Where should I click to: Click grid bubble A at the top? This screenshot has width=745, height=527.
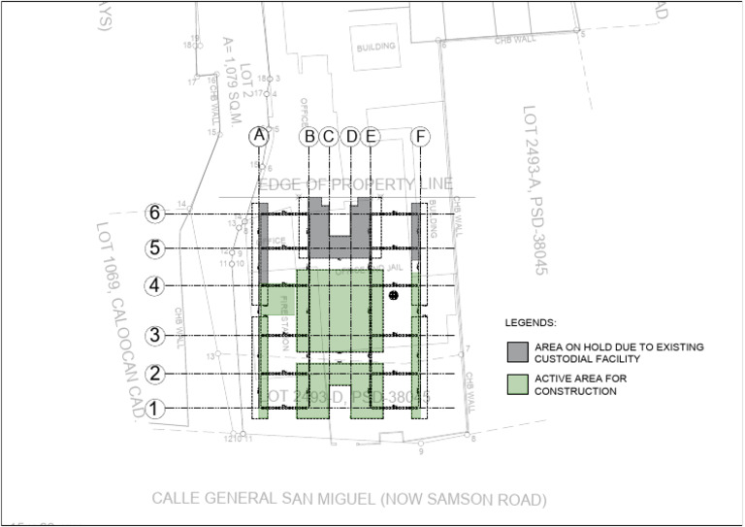pos(258,137)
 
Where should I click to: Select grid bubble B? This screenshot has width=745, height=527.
pos(309,137)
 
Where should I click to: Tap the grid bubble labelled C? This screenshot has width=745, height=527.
pos(328,137)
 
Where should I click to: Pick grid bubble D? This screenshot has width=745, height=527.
pos(351,137)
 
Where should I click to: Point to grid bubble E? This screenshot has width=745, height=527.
pos(370,137)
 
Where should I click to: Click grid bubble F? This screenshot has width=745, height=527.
pos(421,137)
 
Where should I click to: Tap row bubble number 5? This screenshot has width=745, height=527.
pos(153,248)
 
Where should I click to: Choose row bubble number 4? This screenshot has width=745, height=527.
pos(153,286)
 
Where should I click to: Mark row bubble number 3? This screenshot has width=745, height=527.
pos(153,336)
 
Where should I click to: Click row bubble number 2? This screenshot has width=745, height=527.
pos(153,374)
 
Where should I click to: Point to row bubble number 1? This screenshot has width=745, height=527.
pos(153,409)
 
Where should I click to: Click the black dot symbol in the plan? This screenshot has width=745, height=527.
pos(394,294)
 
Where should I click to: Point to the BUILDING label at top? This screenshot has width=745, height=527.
pos(375,47)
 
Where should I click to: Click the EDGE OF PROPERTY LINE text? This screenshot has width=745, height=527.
pos(355,185)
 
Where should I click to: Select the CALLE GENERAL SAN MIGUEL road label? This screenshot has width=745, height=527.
pos(349,500)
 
